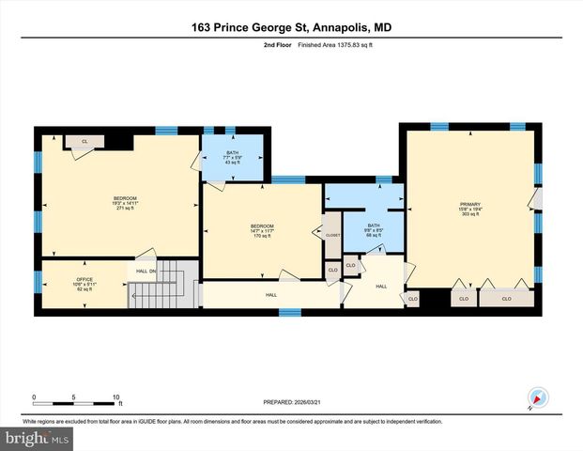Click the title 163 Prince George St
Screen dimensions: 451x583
click(x=291, y=28)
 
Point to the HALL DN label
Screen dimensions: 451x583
click(x=145, y=272)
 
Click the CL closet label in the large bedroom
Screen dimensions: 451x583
click(x=84, y=141)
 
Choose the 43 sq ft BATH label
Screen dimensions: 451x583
click(x=232, y=157)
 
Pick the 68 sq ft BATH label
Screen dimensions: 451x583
click(x=374, y=229)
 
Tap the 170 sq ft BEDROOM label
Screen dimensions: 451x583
click(x=262, y=230)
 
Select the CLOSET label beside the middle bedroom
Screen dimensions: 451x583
click(x=332, y=234)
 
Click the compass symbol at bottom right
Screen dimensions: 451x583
click(x=538, y=398)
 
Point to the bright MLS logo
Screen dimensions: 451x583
click(x=35, y=438)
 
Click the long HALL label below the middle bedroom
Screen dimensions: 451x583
click(x=270, y=294)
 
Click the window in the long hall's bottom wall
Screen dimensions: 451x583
click(x=290, y=311)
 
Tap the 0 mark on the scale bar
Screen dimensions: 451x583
click(x=35, y=397)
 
